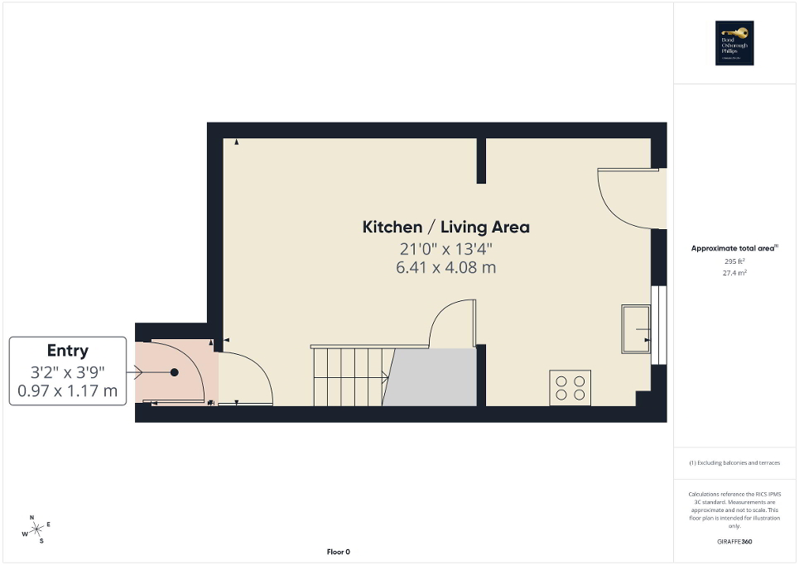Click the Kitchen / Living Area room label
point(445,227)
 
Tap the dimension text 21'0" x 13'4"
point(445,249)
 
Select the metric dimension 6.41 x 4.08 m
point(445,267)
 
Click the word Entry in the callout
point(68,351)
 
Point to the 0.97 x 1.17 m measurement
point(68,390)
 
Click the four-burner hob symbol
point(570,388)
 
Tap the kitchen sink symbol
point(636,328)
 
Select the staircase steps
point(348,376)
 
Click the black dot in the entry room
point(175,372)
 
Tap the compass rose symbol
point(37,529)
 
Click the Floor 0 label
point(338,552)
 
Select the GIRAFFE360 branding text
point(735,541)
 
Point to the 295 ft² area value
point(734,261)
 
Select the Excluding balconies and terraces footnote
point(734,462)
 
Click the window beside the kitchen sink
point(660,324)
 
